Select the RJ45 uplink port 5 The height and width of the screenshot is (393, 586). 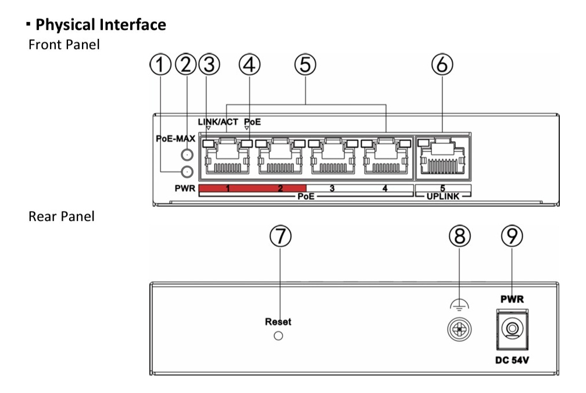tap(442, 159)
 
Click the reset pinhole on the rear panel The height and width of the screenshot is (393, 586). tap(278, 336)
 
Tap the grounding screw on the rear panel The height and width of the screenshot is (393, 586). tap(460, 329)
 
